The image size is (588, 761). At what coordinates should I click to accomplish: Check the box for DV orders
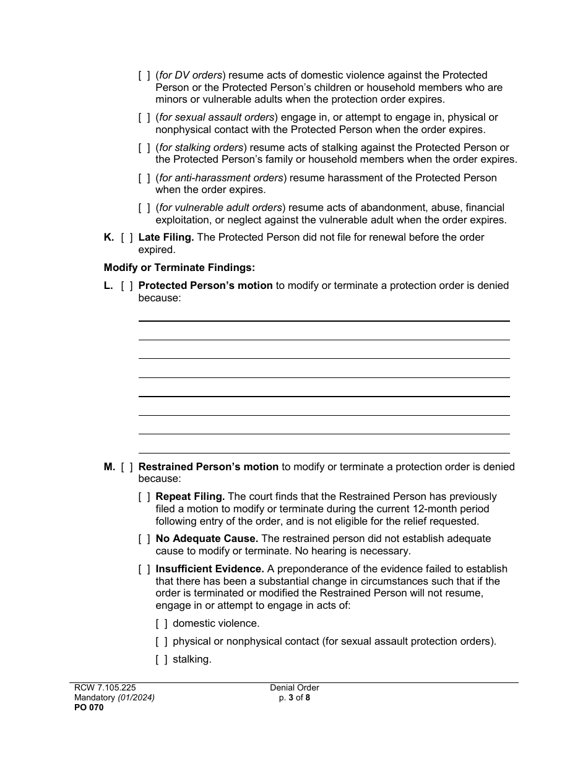coord(144,75)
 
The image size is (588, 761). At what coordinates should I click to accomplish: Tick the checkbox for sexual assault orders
coord(144,118)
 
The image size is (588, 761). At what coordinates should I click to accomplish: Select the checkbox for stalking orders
coord(144,148)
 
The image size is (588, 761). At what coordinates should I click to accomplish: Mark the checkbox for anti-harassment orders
coord(144,178)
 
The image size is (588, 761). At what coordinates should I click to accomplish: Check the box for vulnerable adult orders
coord(144,208)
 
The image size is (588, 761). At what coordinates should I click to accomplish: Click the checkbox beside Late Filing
coord(127,238)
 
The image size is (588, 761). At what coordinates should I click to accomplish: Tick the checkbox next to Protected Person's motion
coord(127,286)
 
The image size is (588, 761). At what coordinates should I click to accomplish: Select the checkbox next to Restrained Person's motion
coord(127,467)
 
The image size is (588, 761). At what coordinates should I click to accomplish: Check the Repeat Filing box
coord(144,497)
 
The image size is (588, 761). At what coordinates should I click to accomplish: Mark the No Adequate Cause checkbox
coord(144,539)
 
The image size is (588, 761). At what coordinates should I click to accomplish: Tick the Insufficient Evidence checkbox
coord(144,569)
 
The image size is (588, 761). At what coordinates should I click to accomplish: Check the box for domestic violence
coord(161,624)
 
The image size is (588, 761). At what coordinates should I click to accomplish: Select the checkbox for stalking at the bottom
coord(161,660)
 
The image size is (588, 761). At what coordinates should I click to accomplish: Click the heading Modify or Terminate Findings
coord(179,268)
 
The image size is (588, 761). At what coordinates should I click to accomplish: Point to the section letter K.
coord(108,238)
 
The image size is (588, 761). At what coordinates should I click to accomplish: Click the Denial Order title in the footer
coord(295,688)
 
